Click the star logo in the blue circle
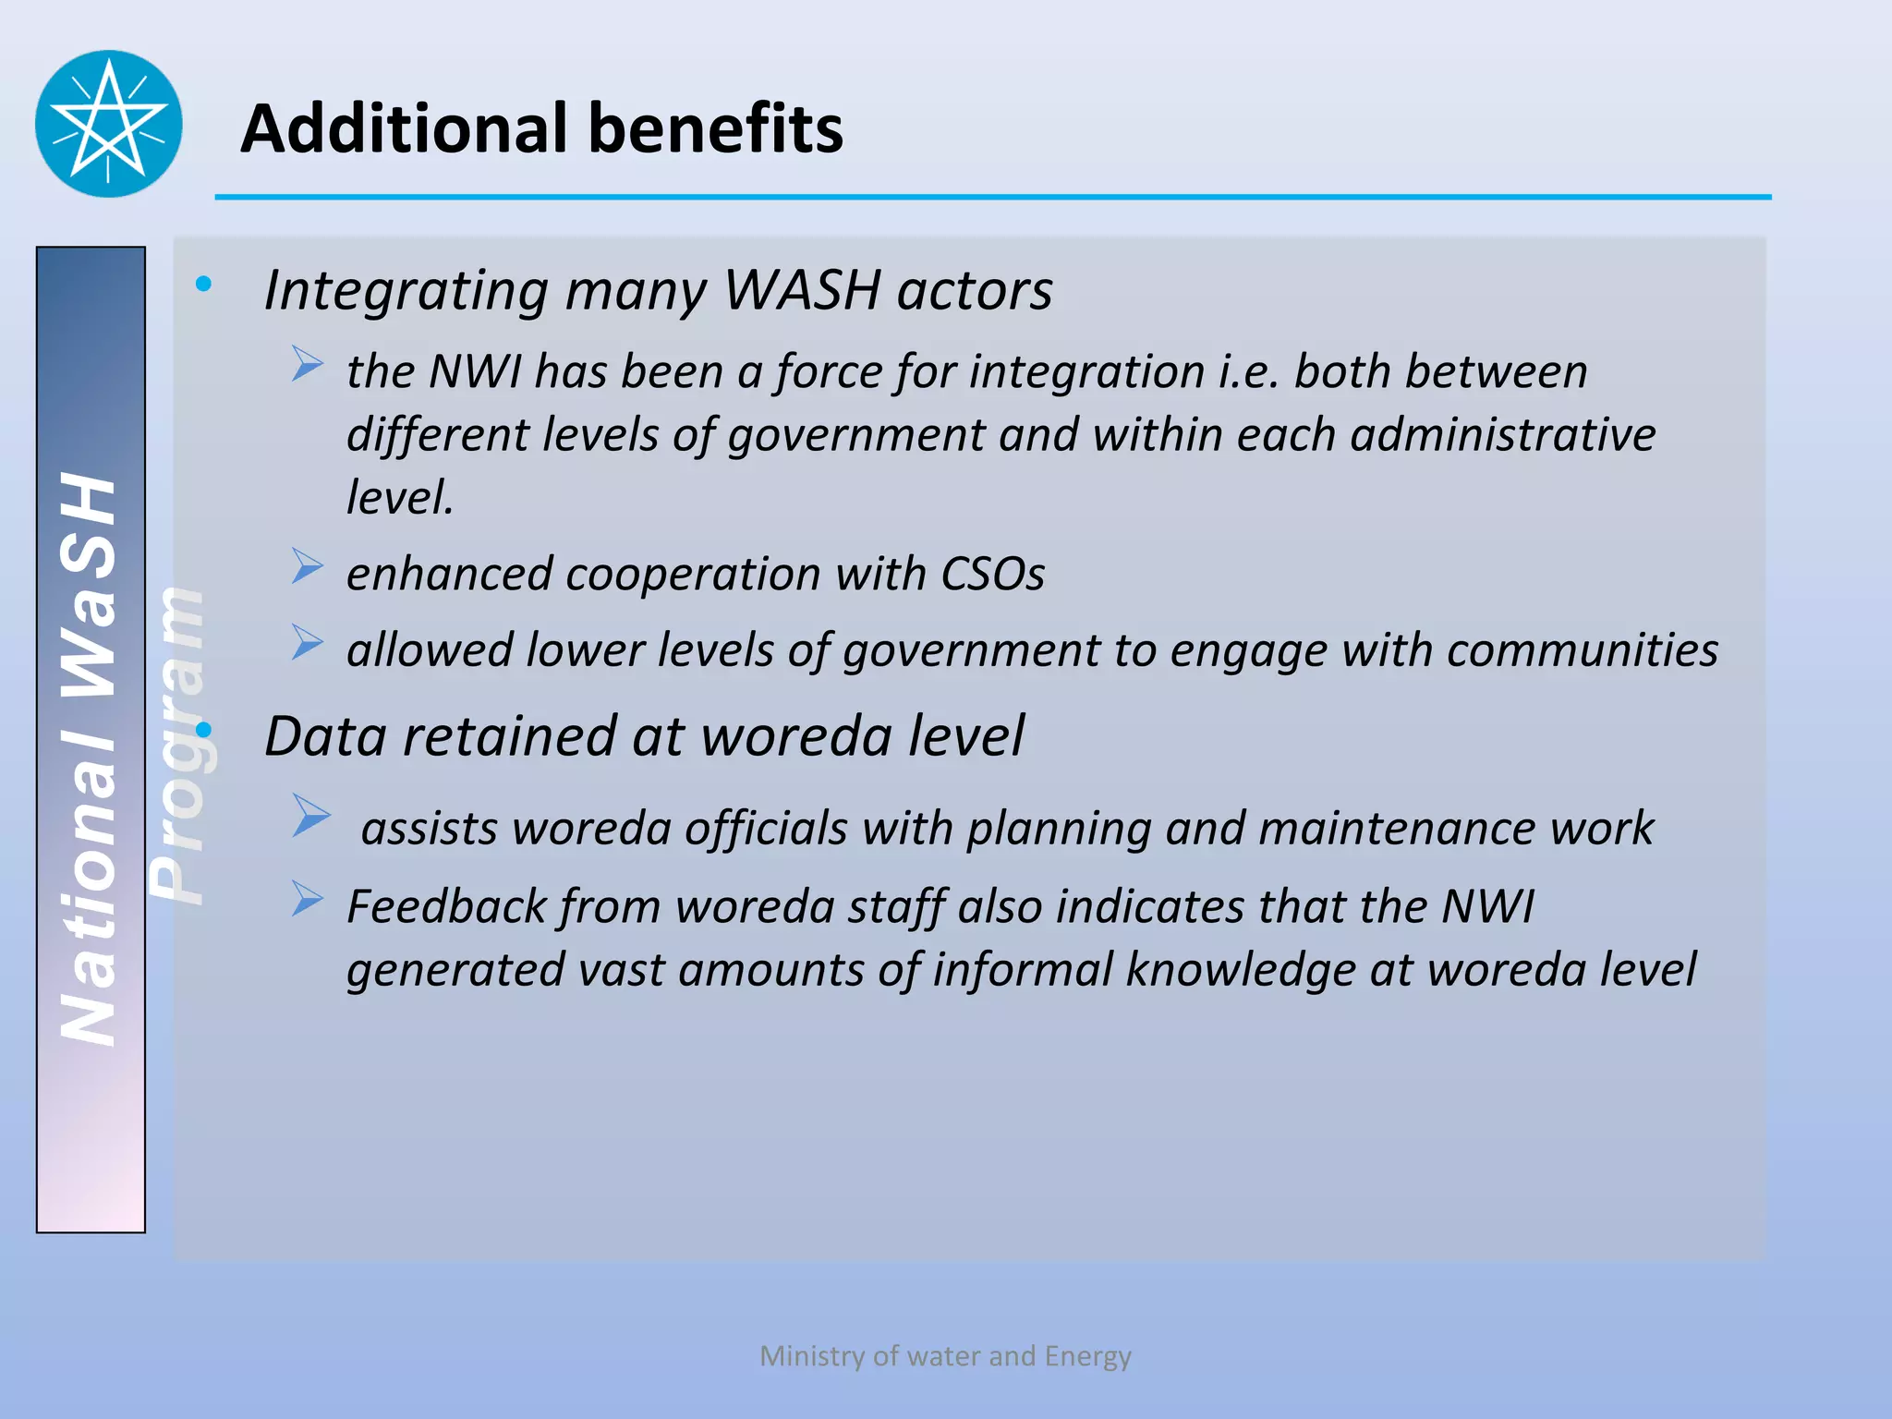pos(109,124)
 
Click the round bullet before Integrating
pos(203,284)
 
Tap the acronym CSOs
pos(991,574)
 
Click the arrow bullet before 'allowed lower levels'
pos(307,642)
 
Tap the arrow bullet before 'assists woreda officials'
pos(310,816)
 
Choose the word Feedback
pos(446,906)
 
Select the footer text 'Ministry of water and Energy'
pos(945,1355)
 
